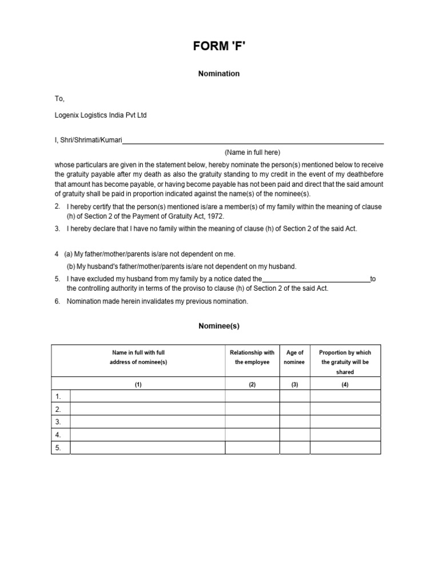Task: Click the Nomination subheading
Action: (x=219, y=74)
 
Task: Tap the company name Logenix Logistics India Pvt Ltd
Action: (x=101, y=115)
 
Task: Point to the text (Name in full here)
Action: (x=252, y=153)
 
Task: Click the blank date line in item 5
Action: (x=316, y=279)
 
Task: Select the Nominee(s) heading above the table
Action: (x=219, y=326)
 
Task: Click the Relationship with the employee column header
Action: (x=252, y=358)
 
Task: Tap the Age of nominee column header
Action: (x=294, y=358)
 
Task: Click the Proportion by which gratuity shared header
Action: (x=345, y=362)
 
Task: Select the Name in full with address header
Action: (x=138, y=358)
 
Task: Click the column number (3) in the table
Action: (x=294, y=385)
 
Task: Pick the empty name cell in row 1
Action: (x=147, y=396)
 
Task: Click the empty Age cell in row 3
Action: (x=294, y=422)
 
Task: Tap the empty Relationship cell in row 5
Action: (x=252, y=448)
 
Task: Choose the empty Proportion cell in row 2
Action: (x=345, y=409)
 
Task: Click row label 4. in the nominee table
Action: (x=58, y=435)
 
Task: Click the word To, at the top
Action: (x=60, y=99)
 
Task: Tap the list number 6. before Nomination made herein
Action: (x=58, y=301)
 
